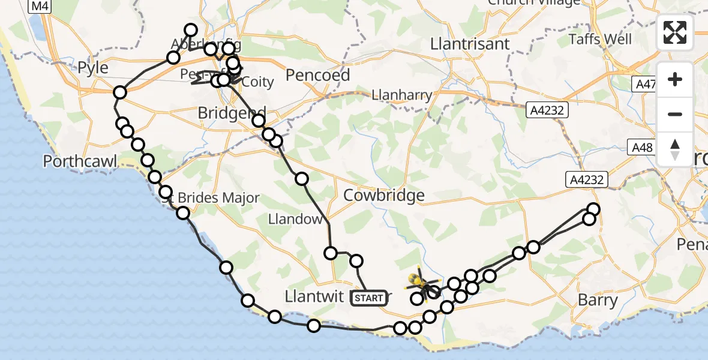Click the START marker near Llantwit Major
click(x=368, y=298)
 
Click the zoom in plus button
click(x=675, y=80)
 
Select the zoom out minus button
click(x=675, y=114)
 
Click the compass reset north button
click(x=675, y=149)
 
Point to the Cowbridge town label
click(x=384, y=195)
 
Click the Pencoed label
click(x=318, y=76)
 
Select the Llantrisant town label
click(x=470, y=44)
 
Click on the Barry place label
click(x=598, y=300)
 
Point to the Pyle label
click(x=93, y=67)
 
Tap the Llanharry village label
click(x=401, y=95)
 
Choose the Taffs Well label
click(x=601, y=39)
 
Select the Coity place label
click(x=258, y=82)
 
